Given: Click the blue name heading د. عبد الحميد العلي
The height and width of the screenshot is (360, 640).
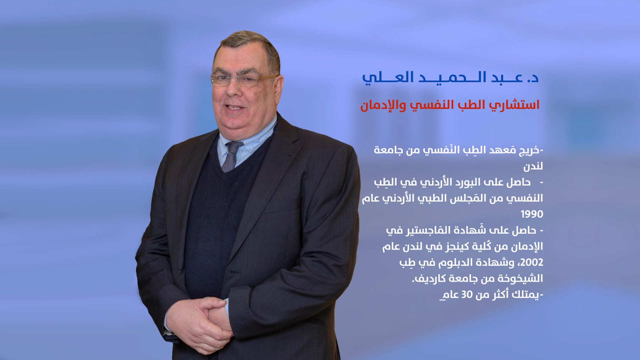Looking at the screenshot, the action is tap(450, 78).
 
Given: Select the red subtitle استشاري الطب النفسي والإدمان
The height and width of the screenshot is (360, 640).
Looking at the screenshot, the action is tap(450, 105).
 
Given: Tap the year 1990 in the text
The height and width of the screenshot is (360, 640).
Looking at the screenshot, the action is tap(532, 214).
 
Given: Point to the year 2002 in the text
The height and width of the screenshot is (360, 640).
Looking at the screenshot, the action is tap(532, 262).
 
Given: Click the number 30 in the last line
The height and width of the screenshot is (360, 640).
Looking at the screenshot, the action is tap(467, 295).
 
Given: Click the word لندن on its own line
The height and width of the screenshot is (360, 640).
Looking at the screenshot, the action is tap(533, 166).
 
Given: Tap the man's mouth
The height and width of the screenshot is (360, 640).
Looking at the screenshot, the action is tap(235, 108).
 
